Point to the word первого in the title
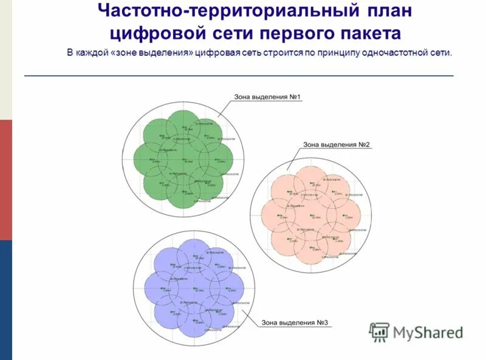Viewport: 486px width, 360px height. coord(290,33)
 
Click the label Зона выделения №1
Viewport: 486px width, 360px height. coord(267,97)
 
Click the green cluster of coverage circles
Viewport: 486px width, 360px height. coord(183,159)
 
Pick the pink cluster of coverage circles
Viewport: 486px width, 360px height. coord(310,215)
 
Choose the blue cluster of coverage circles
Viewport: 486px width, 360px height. coord(193,289)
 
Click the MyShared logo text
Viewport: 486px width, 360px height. coord(428,332)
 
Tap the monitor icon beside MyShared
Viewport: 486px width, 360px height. coord(379,331)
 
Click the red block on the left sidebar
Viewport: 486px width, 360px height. coord(5,179)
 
